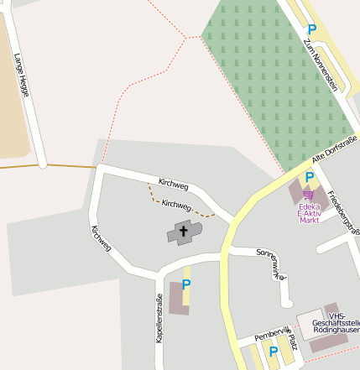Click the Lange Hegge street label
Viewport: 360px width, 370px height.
coord(22,75)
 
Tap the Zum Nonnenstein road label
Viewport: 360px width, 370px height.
coord(321,64)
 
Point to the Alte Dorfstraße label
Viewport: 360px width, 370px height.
coord(334,149)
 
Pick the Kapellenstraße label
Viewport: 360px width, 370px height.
coord(158,319)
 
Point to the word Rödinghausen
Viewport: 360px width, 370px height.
coord(336,331)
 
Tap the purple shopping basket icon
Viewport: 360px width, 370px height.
coord(309,195)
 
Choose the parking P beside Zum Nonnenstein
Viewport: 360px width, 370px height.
coord(312,29)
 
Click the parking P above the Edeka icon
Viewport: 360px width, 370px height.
coord(310,177)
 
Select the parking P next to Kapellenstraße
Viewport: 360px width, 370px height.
coord(186,284)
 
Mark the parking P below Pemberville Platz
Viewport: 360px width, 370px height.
coord(273,352)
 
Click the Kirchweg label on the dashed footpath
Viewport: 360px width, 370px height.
coord(177,204)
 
